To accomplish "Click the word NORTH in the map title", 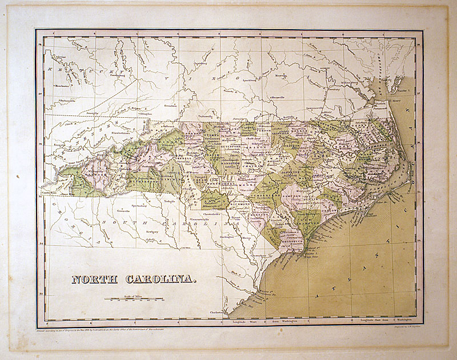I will [95, 280].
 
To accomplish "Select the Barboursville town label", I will [68, 100].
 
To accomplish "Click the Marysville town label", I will [283, 97].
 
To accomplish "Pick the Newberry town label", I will [151, 232].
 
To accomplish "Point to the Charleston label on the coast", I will [215, 313].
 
